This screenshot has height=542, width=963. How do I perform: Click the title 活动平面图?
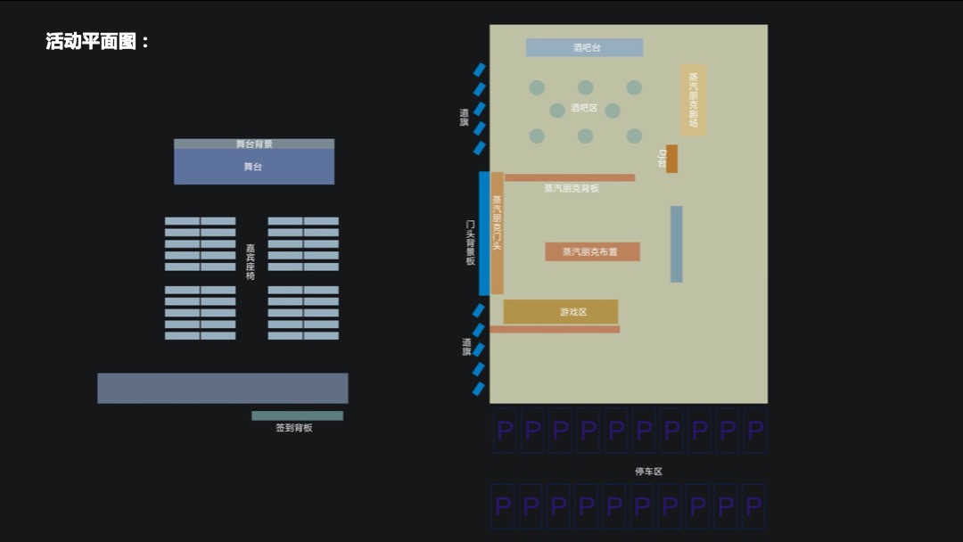(97, 42)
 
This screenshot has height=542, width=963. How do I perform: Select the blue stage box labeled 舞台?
(253, 167)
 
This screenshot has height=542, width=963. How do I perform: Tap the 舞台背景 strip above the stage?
(253, 144)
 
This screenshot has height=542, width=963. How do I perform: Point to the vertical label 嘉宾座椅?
(251, 262)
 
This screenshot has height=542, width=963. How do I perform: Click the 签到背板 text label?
(293, 428)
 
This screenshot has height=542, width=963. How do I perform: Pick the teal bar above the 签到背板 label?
(297, 415)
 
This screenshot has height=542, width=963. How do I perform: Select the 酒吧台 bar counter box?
(584, 48)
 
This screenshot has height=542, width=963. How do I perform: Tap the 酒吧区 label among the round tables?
(584, 108)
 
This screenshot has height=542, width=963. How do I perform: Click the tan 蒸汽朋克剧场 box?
(693, 100)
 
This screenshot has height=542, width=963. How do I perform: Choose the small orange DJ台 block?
(671, 159)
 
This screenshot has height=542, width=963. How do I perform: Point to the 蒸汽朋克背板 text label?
(572, 189)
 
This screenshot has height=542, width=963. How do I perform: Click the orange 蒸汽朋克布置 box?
(592, 252)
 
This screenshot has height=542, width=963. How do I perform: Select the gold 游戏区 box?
(561, 312)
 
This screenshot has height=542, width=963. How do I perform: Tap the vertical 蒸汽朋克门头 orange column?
(497, 234)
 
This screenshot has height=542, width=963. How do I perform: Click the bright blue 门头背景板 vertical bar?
(484, 234)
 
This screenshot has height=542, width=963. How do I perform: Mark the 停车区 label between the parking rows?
(648, 472)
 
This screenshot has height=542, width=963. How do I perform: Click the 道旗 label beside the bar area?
(465, 118)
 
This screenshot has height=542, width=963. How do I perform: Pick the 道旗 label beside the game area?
(466, 347)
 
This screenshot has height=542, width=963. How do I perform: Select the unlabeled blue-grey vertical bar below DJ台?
(676, 244)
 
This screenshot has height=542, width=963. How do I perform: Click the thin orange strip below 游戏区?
(554, 330)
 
